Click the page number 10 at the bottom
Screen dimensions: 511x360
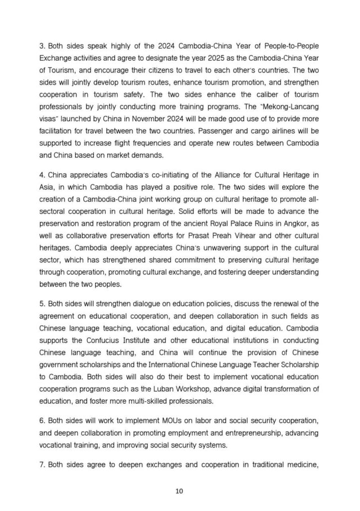point(180,491)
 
